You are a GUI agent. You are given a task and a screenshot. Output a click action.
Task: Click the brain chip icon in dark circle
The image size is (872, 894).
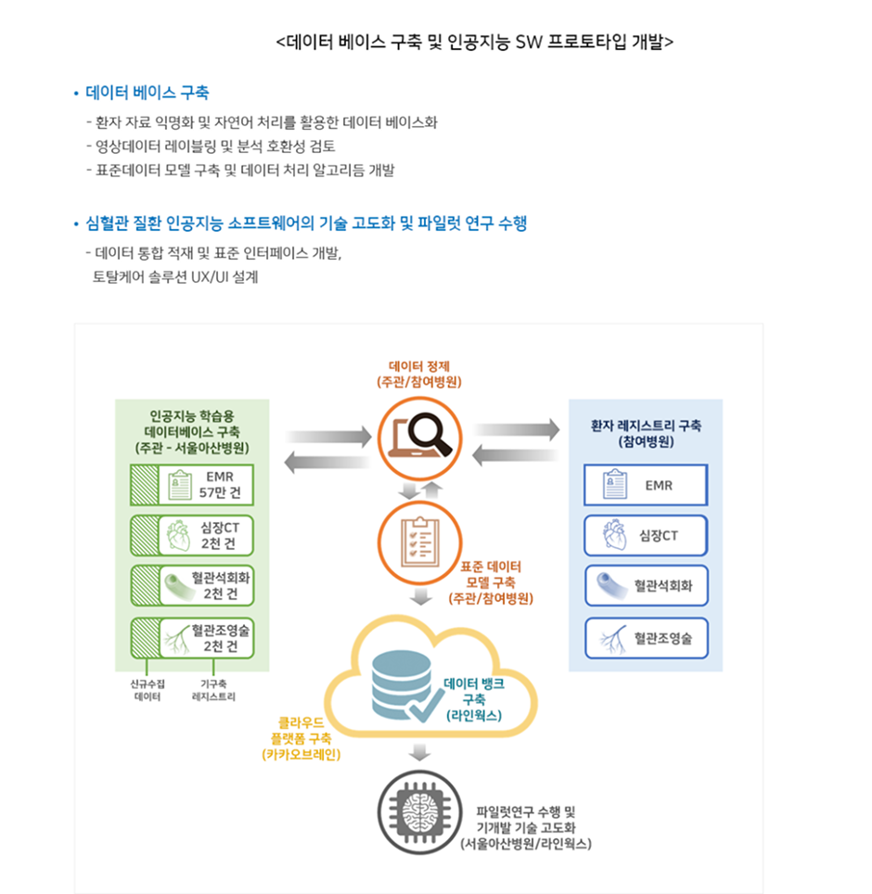tap(419, 814)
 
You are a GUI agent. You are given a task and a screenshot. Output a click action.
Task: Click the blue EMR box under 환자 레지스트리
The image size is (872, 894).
tap(645, 485)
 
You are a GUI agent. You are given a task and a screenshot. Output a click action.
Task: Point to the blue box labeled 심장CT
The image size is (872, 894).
tap(645, 535)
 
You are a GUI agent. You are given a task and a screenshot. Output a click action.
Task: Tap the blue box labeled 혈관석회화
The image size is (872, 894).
tap(645, 586)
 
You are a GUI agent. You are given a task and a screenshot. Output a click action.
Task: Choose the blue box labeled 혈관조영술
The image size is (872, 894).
tap(645, 637)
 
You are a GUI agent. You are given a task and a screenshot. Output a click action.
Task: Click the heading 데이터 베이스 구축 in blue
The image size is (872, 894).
tap(147, 93)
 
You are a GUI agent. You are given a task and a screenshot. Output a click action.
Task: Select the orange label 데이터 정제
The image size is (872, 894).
tap(419, 365)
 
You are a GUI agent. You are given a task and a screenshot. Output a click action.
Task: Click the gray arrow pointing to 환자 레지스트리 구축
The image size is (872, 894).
tap(516, 429)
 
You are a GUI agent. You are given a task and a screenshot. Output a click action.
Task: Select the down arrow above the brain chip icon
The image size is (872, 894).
tap(419, 752)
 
